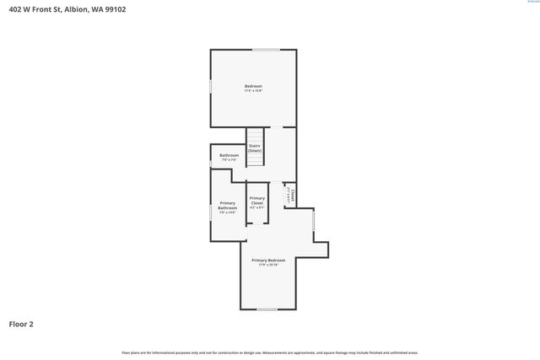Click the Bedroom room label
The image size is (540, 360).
pos(253,86)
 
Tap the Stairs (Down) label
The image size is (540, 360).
pos(255,148)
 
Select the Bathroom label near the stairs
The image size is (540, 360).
pos(229,155)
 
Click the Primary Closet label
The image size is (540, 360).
pos(256,201)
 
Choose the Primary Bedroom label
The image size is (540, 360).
pos(268,261)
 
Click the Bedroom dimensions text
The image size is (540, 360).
pos(253,91)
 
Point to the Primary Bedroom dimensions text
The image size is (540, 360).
pos(268,266)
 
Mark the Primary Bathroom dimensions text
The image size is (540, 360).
pos(228,212)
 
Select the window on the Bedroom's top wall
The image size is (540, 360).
pos(267,51)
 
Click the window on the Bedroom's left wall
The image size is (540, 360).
pos(210,86)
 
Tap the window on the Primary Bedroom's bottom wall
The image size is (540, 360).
pos(267,309)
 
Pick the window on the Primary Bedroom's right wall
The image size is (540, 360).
pos(313,220)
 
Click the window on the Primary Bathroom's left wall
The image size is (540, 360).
pos(210,212)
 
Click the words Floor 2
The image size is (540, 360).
pos(21,324)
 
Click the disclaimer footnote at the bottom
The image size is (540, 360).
pos(269,352)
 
